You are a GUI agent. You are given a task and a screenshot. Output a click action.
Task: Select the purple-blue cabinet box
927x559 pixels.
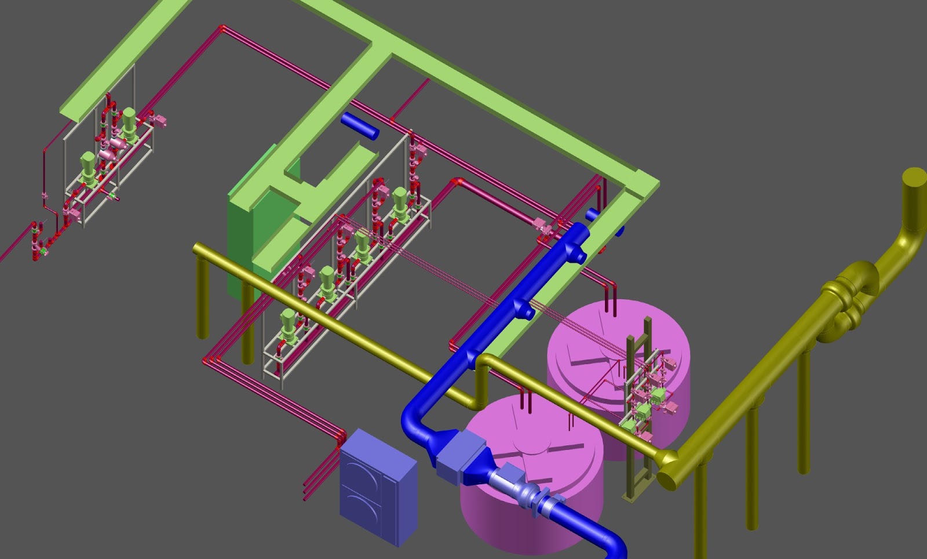(x=377, y=487)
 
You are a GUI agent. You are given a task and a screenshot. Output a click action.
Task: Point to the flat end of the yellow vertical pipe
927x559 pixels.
(x=914, y=176)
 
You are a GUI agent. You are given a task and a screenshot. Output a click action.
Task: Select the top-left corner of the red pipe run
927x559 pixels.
(x=222, y=27)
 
